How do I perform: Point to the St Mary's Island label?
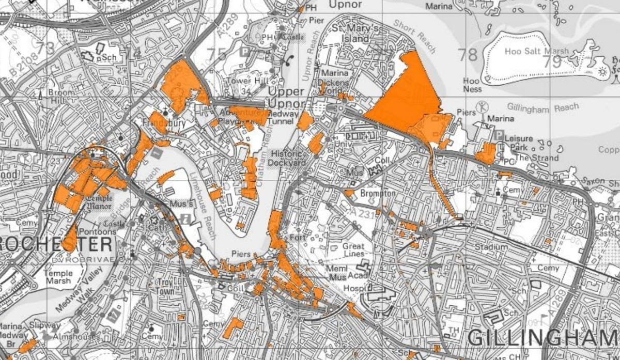[351, 33]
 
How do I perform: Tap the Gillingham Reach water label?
[542, 108]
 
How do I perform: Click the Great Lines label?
[353, 250]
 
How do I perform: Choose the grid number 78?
[468, 55]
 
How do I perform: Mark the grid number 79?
[552, 62]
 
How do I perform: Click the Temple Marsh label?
[58, 277]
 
